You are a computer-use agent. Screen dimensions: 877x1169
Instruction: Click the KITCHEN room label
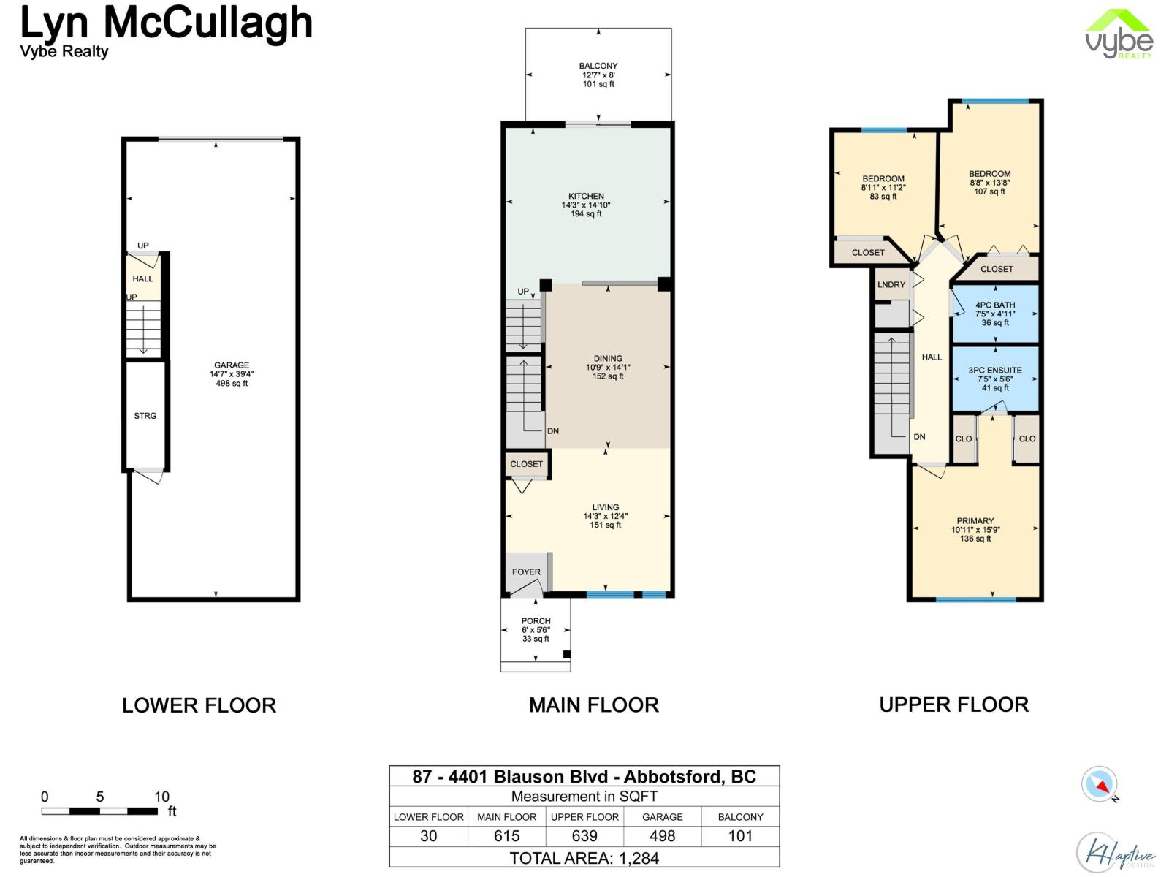(x=586, y=196)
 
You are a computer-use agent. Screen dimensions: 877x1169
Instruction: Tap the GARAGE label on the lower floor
(x=232, y=365)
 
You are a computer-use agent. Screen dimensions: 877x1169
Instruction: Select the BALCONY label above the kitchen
(x=598, y=66)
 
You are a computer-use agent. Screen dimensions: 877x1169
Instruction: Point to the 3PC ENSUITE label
(x=995, y=371)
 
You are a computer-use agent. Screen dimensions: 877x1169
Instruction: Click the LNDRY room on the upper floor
(x=891, y=285)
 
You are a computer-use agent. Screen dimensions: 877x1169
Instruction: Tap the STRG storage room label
(x=145, y=416)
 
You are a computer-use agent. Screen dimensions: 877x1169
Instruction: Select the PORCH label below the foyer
(x=536, y=621)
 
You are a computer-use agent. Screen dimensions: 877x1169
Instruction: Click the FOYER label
(x=526, y=572)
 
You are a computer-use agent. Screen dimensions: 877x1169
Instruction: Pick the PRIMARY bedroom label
(x=975, y=521)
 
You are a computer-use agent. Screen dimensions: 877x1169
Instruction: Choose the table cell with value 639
(x=584, y=836)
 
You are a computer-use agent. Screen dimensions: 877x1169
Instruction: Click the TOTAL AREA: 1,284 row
(x=584, y=858)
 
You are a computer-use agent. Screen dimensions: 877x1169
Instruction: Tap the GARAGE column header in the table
(x=663, y=817)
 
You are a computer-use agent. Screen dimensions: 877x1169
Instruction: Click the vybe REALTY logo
(x=1119, y=34)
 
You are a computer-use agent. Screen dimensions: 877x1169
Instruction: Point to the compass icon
(x=1100, y=785)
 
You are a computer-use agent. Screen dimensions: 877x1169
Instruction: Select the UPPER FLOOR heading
(x=953, y=705)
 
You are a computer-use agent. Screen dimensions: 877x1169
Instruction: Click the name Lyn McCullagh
(x=167, y=22)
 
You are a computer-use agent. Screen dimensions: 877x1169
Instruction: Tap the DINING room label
(x=608, y=359)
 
